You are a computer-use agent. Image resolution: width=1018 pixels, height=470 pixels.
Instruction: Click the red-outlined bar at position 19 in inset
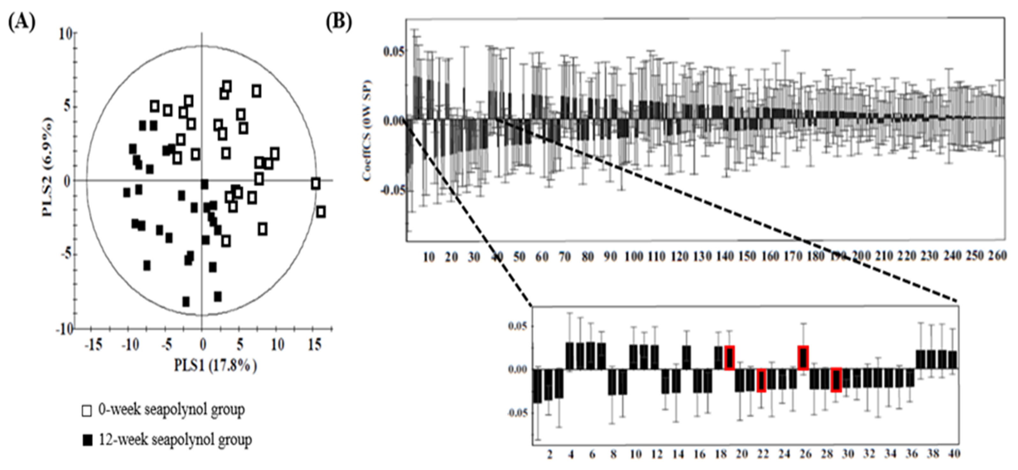tap(730, 358)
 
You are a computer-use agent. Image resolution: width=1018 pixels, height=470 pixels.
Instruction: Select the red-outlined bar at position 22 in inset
tap(761, 380)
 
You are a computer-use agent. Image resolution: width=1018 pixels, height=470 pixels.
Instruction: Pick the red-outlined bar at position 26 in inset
tap(803, 358)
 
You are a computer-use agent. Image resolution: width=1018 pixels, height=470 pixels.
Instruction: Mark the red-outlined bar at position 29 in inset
tap(836, 380)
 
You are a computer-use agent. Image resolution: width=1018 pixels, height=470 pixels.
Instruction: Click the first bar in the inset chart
tap(537, 386)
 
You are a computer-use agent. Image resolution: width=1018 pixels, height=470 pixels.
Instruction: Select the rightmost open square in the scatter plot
tap(321, 212)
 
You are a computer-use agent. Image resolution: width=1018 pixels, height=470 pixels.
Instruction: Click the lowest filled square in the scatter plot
tap(186, 302)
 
